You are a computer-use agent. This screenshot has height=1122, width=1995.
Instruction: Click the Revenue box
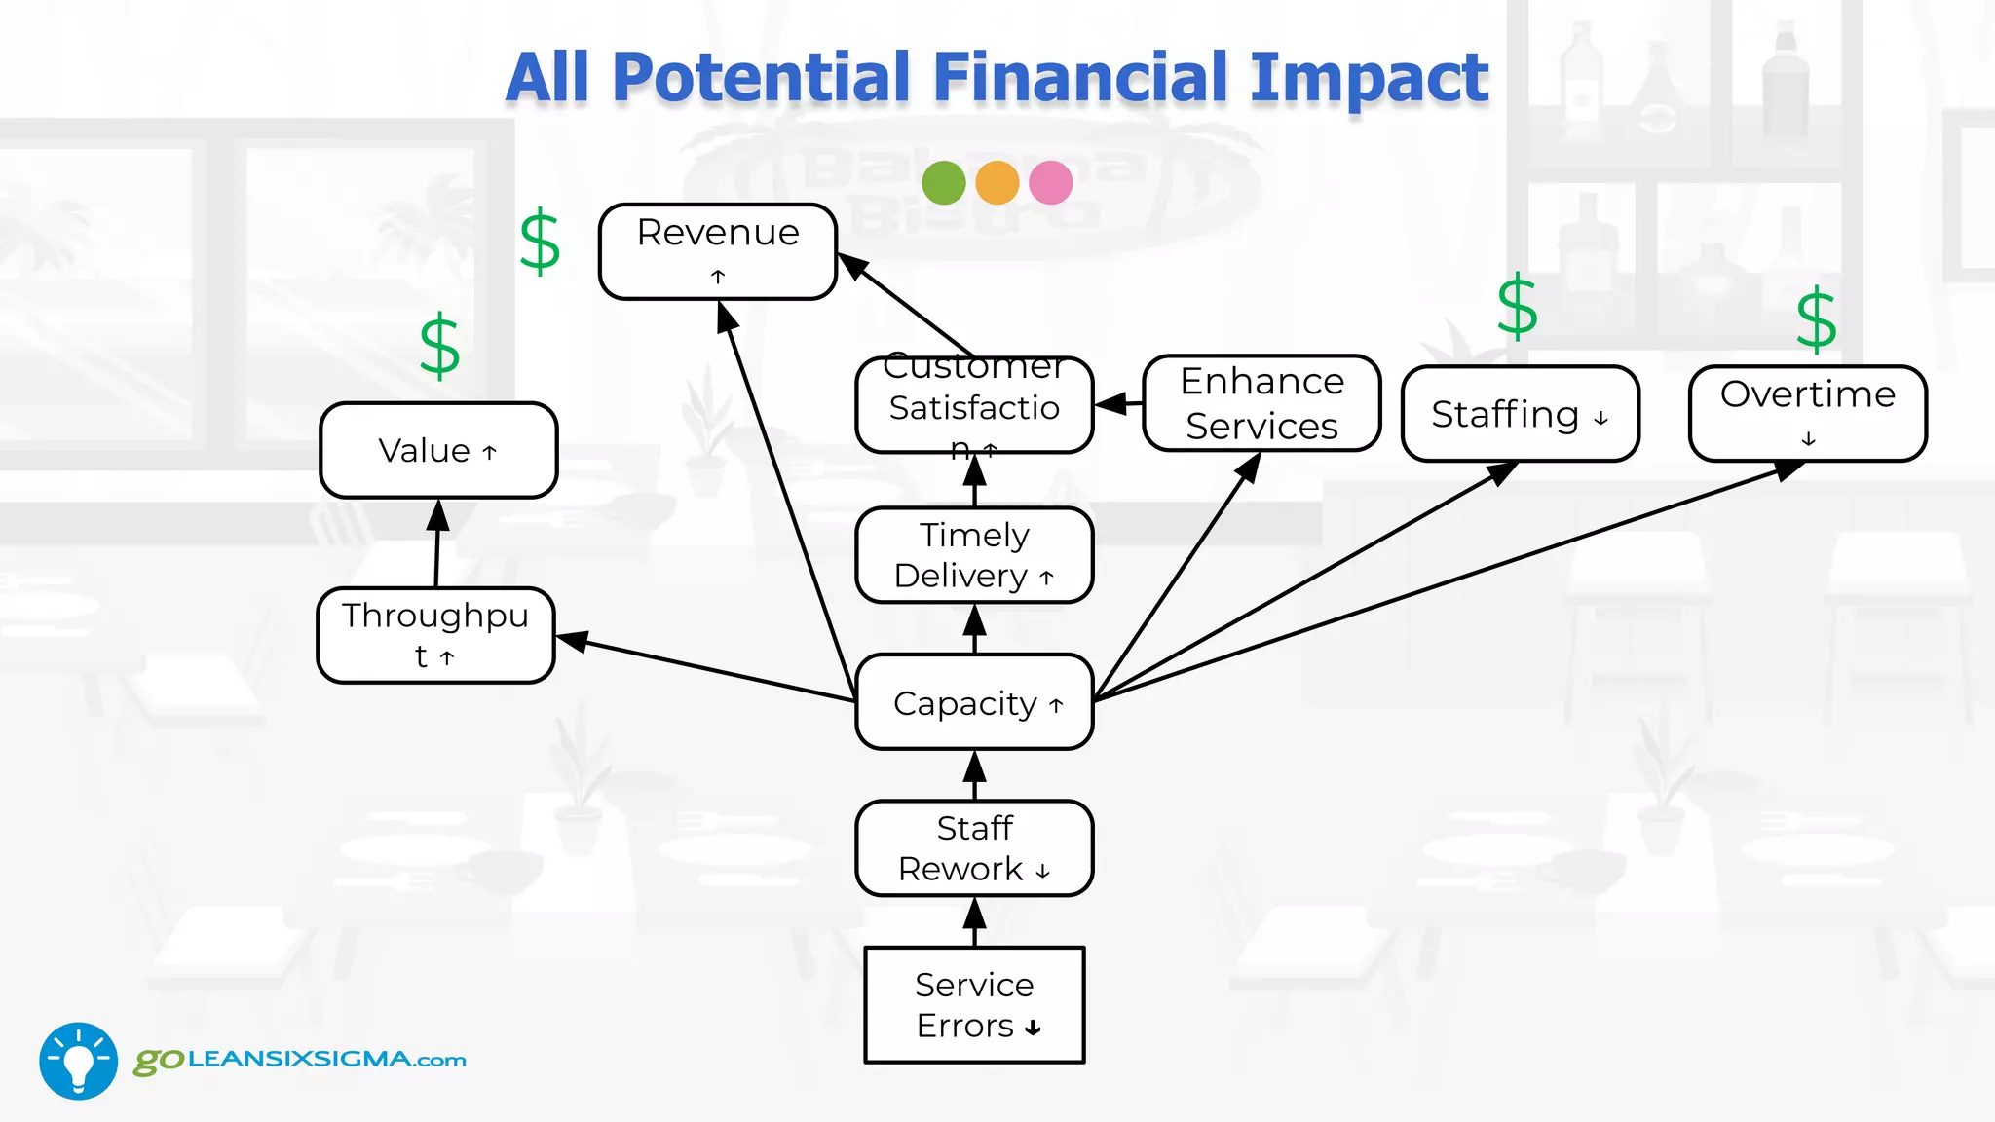point(718,251)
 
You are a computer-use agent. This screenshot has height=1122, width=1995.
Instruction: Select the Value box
point(438,450)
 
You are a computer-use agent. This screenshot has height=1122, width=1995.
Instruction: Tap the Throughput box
point(436,635)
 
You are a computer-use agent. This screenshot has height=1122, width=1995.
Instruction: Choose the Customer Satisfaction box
point(974,405)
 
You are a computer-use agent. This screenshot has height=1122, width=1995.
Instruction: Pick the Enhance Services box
point(1261,403)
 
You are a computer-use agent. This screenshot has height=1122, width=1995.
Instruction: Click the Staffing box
point(1520,414)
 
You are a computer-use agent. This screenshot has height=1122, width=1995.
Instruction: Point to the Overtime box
point(1808,413)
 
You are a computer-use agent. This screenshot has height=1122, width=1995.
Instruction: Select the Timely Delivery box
point(974,555)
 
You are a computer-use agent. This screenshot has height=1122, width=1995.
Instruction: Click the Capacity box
point(974,702)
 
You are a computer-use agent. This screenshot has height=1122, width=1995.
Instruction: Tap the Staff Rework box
point(974,847)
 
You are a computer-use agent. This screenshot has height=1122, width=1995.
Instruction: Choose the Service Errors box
point(974,1004)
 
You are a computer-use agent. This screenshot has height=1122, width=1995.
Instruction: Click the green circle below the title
point(944,182)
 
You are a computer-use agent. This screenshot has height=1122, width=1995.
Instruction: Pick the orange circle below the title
point(997,182)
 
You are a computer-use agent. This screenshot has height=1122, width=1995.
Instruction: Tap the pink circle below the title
point(1051,182)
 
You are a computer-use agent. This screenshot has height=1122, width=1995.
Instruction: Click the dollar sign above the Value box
point(439,346)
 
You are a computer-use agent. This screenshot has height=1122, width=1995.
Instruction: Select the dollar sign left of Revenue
point(540,242)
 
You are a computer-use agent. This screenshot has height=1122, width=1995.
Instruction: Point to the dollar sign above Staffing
point(1517,307)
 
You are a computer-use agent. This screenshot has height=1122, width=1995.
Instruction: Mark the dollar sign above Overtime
point(1817,318)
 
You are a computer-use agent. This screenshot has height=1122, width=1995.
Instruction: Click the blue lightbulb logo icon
point(79,1061)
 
